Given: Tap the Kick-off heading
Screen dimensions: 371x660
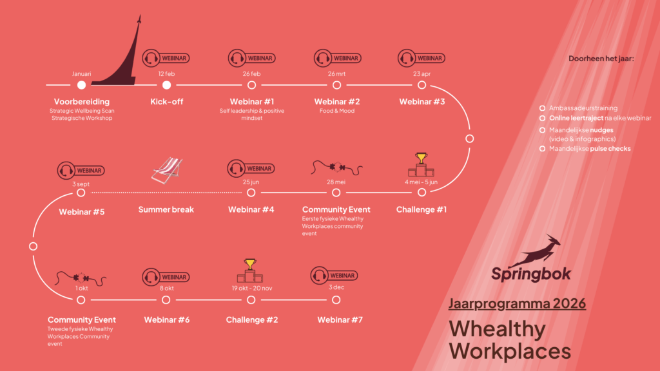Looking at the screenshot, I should [x=166, y=102].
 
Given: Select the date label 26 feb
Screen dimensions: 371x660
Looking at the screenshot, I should [x=251, y=73].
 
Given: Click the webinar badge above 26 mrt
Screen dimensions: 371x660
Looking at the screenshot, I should [x=336, y=58].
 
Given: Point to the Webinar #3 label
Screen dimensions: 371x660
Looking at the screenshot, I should [x=422, y=102].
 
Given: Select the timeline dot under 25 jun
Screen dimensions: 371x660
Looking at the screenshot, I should [x=251, y=192].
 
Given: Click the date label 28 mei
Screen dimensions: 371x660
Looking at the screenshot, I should [x=336, y=182].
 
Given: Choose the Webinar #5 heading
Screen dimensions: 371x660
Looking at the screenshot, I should [x=81, y=210].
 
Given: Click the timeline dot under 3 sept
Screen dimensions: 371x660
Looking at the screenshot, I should [x=81, y=192].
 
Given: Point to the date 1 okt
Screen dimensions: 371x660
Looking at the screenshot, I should [x=81, y=289].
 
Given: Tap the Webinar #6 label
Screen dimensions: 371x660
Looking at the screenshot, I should [x=166, y=320].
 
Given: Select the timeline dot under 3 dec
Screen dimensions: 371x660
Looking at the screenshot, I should [x=336, y=300].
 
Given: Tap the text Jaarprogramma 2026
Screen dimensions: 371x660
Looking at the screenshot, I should [x=517, y=303].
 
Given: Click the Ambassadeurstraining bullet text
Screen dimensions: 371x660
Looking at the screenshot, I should [x=583, y=108].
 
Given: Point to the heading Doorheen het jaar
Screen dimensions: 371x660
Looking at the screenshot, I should [x=601, y=59].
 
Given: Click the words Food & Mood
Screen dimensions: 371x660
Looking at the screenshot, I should [x=336, y=111].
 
